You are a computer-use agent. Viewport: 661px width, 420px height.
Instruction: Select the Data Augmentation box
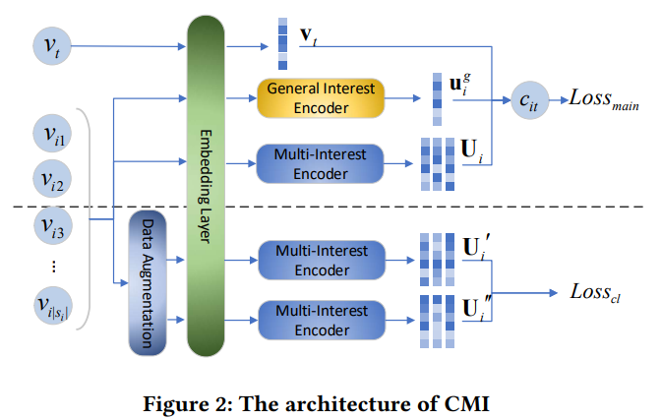pyautogui.click(x=145, y=281)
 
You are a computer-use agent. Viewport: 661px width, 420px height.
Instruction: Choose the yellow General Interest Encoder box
pyautogui.click(x=321, y=96)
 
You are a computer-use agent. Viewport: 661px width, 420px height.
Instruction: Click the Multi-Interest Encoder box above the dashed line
pyautogui.click(x=321, y=162)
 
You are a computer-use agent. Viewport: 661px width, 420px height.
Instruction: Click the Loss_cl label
pyautogui.click(x=596, y=292)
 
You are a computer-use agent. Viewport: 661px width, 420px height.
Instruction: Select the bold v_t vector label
pyautogui.click(x=309, y=35)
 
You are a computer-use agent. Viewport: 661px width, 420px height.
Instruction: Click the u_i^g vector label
pyautogui.click(x=459, y=82)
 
